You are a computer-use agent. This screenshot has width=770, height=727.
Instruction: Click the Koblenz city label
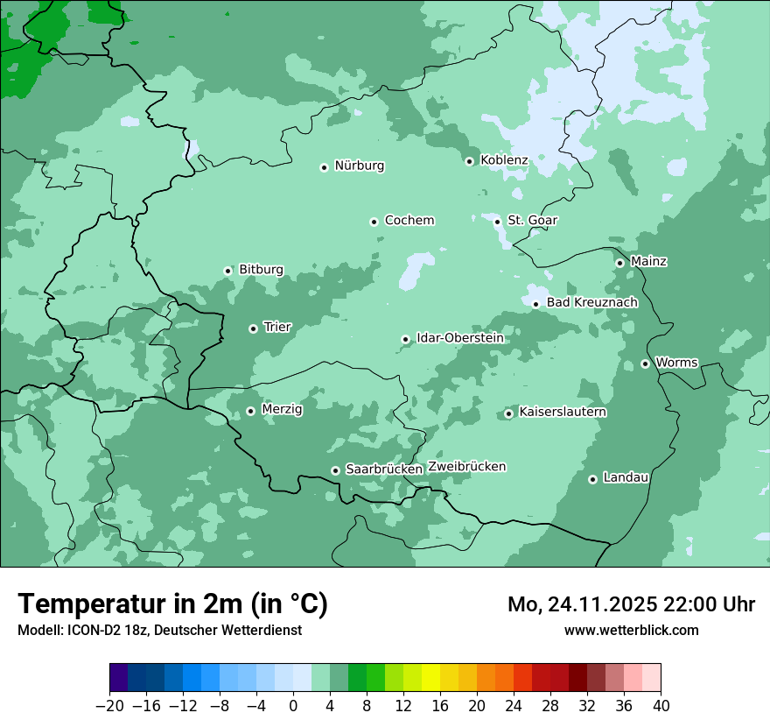point(504,160)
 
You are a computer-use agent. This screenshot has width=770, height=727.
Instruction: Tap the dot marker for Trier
point(253,328)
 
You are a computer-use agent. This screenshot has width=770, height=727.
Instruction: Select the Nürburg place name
point(359,166)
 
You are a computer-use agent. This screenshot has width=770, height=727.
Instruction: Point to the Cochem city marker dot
point(374,222)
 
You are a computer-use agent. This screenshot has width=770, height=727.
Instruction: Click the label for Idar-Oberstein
point(460,338)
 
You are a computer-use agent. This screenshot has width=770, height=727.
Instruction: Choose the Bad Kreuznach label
point(591,302)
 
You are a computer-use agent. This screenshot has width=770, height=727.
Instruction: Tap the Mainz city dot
point(619,263)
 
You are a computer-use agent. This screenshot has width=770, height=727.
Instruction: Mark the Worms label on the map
point(676,363)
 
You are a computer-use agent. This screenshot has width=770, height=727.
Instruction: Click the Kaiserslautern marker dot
point(508,413)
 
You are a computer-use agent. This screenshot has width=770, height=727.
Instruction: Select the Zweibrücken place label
point(466,467)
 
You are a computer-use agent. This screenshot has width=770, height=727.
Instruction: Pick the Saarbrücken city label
point(384,469)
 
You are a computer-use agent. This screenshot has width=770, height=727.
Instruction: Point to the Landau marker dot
point(592,479)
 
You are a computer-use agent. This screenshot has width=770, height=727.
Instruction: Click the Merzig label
point(282,409)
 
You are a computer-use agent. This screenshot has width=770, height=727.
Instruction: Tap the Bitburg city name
point(261,270)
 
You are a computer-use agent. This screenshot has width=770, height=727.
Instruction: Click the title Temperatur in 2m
point(172,603)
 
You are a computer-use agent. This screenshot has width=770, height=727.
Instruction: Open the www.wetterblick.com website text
point(631,630)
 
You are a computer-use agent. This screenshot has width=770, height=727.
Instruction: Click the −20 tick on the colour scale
point(109,706)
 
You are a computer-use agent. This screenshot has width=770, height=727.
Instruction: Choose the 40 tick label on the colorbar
point(661,706)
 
